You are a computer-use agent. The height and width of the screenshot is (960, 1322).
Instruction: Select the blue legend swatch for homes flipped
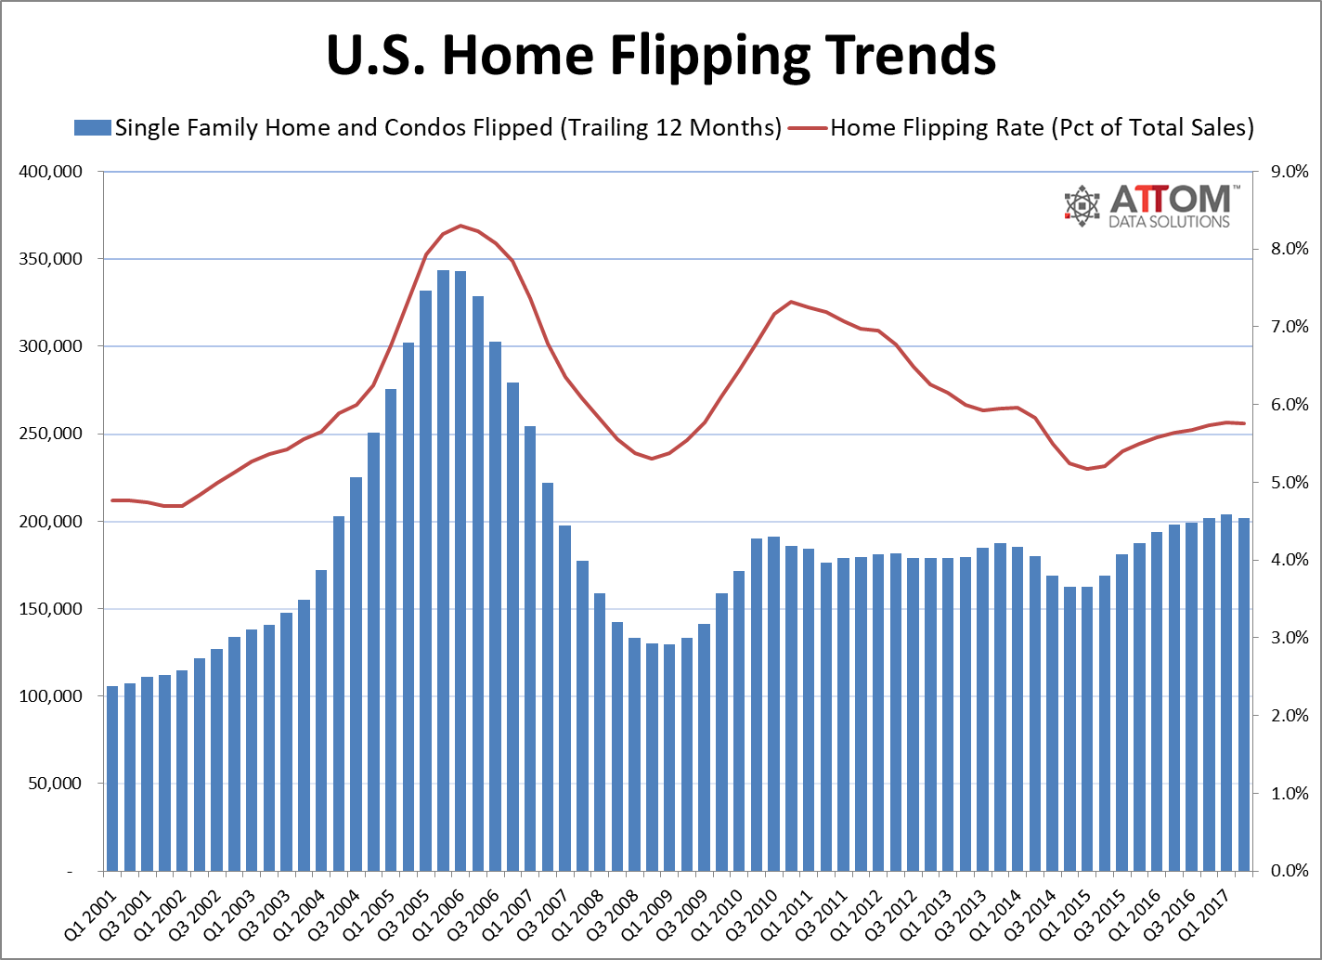pos(93,127)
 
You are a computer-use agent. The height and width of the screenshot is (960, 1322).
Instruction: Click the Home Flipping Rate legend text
pos(1041,127)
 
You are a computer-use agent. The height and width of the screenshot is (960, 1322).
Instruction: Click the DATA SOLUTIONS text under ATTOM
pos(1170,221)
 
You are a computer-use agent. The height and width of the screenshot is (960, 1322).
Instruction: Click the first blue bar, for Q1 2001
pos(112,780)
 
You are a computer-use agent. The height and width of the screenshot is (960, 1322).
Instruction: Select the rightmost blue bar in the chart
pos(1244,696)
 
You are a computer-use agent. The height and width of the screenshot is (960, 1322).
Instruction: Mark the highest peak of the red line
pos(460,226)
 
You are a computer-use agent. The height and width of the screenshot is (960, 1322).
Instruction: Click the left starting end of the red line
pos(112,500)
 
